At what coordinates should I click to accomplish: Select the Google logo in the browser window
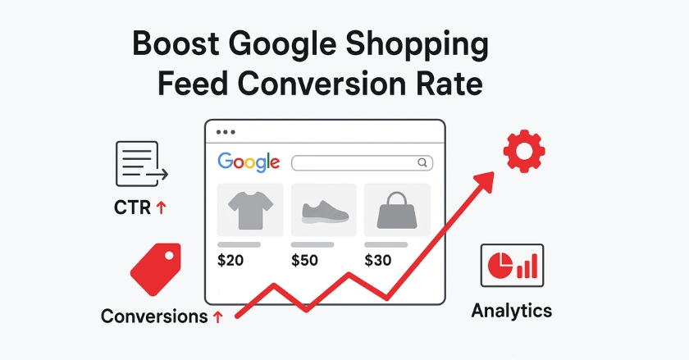249,162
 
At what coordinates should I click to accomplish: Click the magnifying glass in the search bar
422,162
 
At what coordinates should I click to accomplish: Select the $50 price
305,261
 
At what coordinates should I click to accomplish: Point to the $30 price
378,261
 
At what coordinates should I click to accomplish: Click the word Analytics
512,311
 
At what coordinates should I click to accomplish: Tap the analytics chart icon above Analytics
512,265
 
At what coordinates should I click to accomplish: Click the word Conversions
154,316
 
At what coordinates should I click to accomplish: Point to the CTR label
133,207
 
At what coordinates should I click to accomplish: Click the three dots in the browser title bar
226,131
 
